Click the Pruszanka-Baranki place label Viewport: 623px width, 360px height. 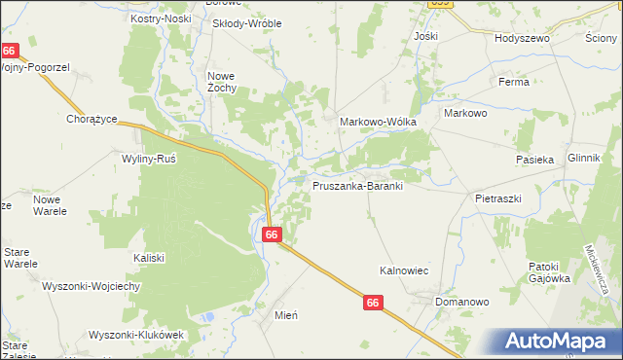click(x=357, y=185)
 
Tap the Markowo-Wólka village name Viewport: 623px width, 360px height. click(x=378, y=122)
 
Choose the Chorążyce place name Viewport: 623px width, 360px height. click(x=92, y=119)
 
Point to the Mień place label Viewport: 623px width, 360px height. click(x=285, y=315)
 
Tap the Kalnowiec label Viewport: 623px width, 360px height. click(x=404, y=271)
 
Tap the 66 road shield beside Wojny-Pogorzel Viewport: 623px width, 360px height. click(x=10, y=51)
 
